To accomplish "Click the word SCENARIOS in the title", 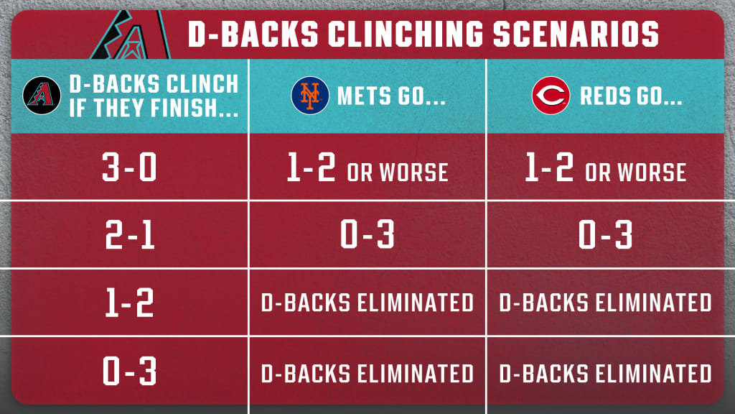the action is [x=576, y=34].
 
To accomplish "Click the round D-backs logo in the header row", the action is [x=42, y=96].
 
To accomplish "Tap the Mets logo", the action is [x=310, y=96].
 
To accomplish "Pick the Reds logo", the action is [x=551, y=96].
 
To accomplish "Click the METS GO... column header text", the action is [x=391, y=96].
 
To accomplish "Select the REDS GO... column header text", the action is [x=631, y=96].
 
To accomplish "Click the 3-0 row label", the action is [x=129, y=167].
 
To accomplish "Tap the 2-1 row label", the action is [x=130, y=234].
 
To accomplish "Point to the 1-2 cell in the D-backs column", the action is [x=130, y=303].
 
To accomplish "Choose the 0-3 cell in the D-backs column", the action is [x=129, y=370].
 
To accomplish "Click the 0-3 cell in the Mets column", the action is [x=367, y=234].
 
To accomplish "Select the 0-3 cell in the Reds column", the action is [x=605, y=234].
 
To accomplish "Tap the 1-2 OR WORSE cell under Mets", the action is [x=367, y=167].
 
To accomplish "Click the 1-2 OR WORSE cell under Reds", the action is [x=606, y=167].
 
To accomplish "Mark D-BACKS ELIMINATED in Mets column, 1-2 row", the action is [x=367, y=303].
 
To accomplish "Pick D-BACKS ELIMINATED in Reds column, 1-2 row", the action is [x=606, y=303].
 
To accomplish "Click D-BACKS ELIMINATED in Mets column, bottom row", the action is [x=367, y=374].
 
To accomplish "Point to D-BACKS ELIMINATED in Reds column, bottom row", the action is [x=606, y=374].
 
